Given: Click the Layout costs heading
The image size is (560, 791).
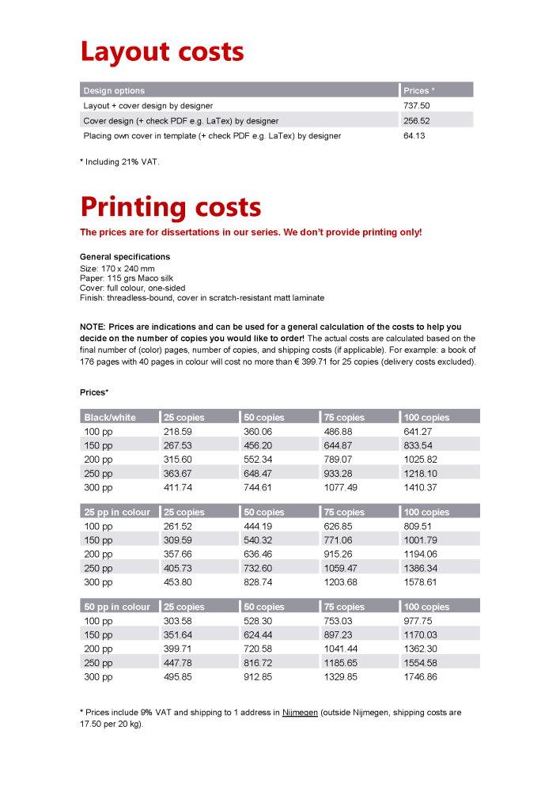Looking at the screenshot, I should point(162,52).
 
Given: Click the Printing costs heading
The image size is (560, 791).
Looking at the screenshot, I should point(171,207).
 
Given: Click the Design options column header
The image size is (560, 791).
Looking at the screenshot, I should point(115,90).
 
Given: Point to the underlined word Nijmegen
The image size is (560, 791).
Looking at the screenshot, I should point(300,713).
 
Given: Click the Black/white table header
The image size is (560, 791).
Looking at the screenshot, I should point(110,418).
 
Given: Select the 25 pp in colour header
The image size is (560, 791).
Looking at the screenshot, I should point(117,513).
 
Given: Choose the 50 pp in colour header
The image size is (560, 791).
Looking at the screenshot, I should point(117,607).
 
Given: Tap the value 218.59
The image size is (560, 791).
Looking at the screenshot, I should point(177,432).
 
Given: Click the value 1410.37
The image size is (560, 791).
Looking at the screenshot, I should point(420,488).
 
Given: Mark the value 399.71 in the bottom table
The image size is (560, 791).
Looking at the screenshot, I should point(177,649).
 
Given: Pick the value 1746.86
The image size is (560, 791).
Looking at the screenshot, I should point(420,677).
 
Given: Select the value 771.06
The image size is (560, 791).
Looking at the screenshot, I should point(338,541).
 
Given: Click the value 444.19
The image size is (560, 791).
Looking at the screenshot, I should point(258,527).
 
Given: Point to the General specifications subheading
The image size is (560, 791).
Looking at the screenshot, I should point(125,257).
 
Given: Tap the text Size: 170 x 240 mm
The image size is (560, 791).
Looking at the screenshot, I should point(117,269).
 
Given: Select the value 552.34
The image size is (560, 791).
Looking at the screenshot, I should point(258,460).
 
